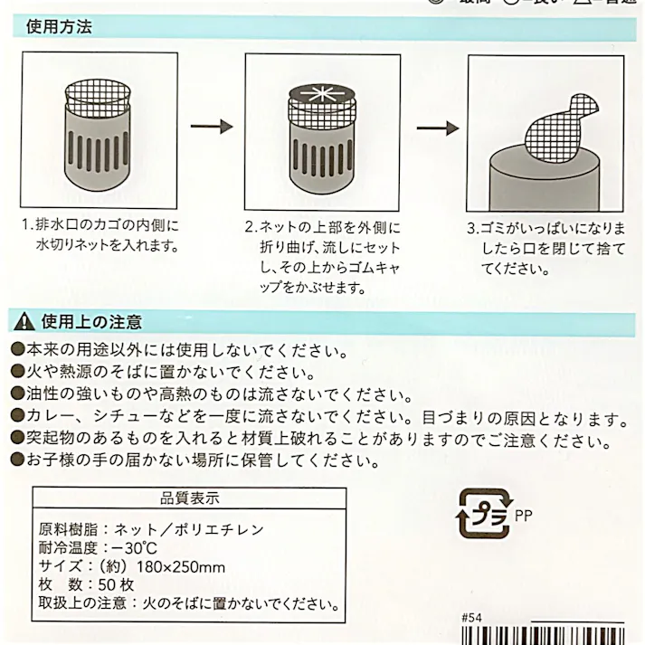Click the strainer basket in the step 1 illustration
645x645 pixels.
pyautogui.click(x=99, y=145)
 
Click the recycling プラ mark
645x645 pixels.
pyautogui.click(x=484, y=517)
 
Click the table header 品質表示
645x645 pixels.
pyautogui.click(x=189, y=498)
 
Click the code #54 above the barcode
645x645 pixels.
pyautogui.click(x=471, y=618)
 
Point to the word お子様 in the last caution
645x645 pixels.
pyautogui.click(x=47, y=461)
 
